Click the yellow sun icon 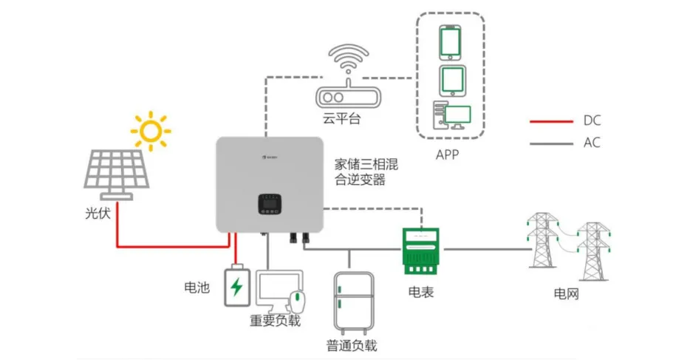(151, 131)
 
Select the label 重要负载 (276, 322)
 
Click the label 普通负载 (352, 345)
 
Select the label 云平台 (341, 118)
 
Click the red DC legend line (551, 120)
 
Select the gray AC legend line (551, 143)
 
